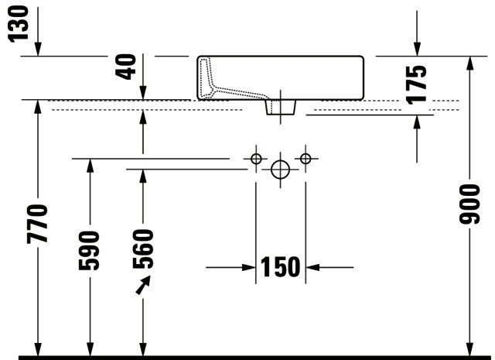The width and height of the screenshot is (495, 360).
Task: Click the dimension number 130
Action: click(18, 24)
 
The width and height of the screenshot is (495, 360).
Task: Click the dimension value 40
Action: click(125, 67)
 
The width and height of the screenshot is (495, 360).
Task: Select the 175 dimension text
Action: click(416, 84)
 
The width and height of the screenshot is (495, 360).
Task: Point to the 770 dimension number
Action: click(37, 224)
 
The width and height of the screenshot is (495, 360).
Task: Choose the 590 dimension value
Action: click(89, 251)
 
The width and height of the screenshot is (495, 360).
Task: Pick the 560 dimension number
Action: click(143, 249)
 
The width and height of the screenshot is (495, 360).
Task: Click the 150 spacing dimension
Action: click(280, 267)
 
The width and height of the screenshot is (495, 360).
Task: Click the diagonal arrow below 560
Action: click(143, 285)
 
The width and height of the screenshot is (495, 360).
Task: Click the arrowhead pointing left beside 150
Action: click(312, 267)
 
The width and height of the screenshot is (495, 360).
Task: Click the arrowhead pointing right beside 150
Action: click(248, 267)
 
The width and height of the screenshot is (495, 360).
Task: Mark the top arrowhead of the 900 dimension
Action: click(470, 63)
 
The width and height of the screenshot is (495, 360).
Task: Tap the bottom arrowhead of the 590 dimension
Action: click(90, 348)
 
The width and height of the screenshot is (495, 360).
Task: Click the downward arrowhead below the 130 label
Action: click(38, 49)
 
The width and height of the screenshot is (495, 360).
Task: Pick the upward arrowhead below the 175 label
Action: click(417, 122)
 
